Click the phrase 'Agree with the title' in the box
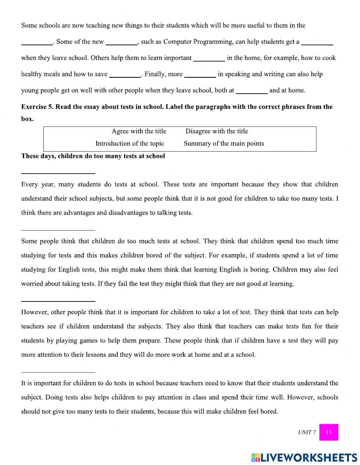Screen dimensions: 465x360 [x=139, y=131]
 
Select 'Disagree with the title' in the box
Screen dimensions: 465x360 [x=217, y=131]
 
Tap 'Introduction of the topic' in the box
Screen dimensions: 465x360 [x=130, y=143]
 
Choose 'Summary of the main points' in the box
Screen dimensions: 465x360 [x=224, y=143]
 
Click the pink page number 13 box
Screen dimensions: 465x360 [x=329, y=432]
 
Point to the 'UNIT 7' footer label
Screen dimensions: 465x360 [x=307, y=432]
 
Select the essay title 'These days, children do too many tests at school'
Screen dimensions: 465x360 [x=93, y=156]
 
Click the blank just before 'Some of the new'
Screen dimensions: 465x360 [x=37, y=42]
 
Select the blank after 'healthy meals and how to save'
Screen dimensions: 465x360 [x=125, y=75]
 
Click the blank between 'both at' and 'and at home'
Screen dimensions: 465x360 [x=252, y=91]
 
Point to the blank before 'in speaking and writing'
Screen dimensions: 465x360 [x=200, y=75]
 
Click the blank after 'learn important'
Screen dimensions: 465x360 [x=209, y=58]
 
